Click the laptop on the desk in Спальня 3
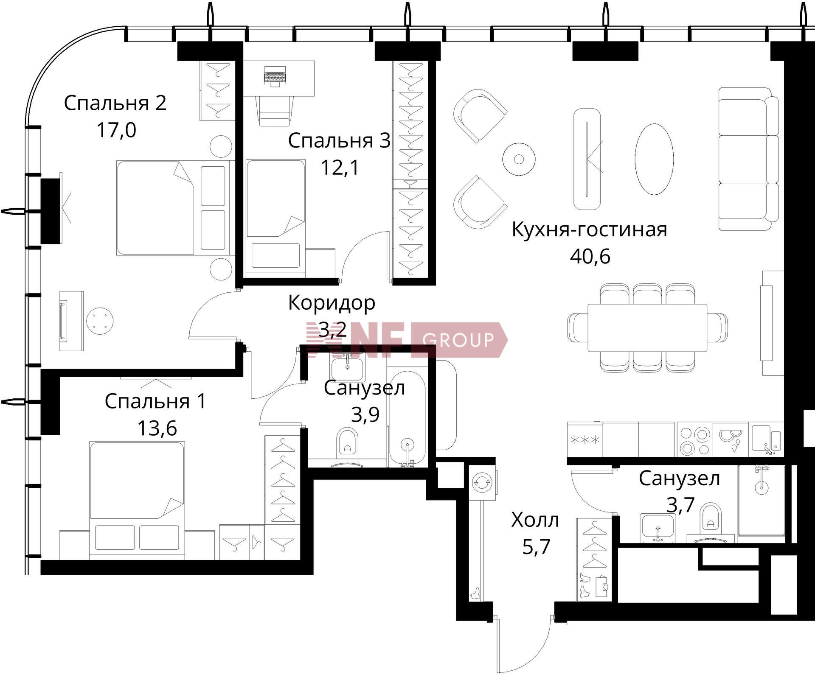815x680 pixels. point(275,76)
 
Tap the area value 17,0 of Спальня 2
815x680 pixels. point(116,130)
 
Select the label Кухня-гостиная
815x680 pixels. point(589,229)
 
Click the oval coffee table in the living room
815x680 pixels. point(654,159)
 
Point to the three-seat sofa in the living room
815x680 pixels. point(748,159)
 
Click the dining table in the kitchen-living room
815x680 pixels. point(647,327)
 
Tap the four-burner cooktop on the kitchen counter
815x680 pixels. point(694,439)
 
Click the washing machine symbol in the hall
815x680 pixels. point(482,482)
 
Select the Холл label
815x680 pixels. point(535,520)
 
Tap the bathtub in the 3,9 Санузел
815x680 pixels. point(407,417)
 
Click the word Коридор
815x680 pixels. point(332,303)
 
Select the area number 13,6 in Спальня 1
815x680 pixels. point(157,428)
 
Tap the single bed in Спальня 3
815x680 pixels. point(275,218)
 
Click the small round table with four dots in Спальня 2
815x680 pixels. point(100,321)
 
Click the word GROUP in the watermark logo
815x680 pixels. point(458,340)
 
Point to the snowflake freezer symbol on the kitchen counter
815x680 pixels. point(585,440)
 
